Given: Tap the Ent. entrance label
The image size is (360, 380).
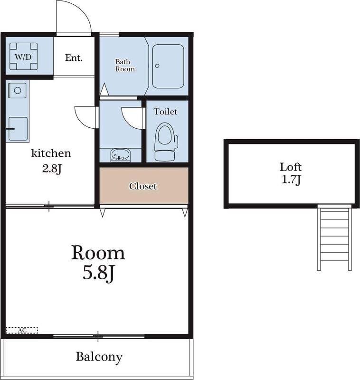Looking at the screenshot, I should coord(74,58).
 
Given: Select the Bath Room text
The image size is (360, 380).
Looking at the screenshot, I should coord(125,65).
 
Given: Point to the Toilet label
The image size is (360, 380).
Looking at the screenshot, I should coord(166,112).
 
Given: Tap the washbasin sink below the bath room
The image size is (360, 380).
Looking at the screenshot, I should coord(120,155).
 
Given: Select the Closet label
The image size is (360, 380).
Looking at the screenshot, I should coord(143,186).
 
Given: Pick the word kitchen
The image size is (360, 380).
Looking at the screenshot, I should coord(51,153).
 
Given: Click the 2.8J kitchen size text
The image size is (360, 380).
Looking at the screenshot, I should coord(51,169).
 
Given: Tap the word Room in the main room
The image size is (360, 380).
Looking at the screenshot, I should coord(98,253).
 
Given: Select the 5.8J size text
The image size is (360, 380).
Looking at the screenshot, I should coord(98,275).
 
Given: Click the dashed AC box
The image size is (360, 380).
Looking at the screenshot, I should coord(21,330).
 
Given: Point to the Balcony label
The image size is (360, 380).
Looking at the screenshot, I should coord(99,357).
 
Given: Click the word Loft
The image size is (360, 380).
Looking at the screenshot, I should coord(290,167).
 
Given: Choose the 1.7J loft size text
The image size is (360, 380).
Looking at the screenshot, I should coord(291,180).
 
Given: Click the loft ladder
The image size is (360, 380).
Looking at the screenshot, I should coord(334,237).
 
